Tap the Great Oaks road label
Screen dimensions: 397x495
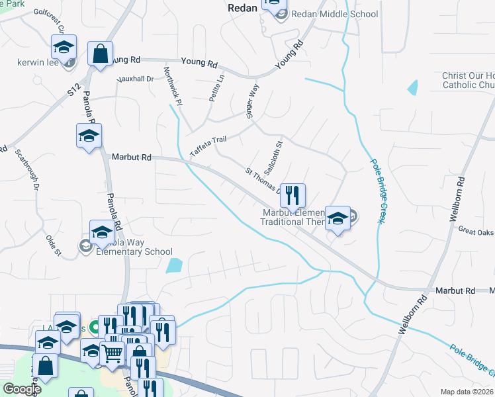pyautogui.click(x=476, y=231)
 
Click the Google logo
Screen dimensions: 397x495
pyautogui.click(x=21, y=389)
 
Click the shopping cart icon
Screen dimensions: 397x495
pyautogui.click(x=112, y=354)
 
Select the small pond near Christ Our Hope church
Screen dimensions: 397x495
pyautogui.click(x=414, y=87)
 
